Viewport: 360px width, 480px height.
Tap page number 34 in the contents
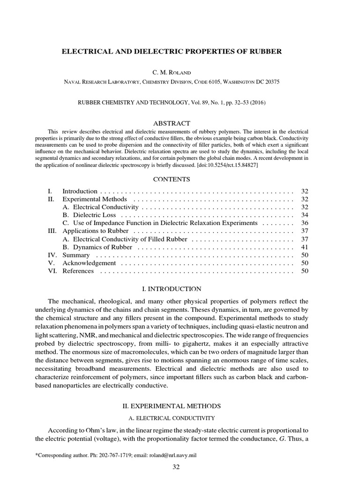coord(304,215)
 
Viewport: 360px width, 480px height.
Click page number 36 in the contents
coord(304,223)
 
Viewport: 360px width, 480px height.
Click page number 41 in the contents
coord(304,247)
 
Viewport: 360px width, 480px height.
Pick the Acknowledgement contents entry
coord(89,263)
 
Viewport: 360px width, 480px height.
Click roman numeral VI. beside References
coord(52,271)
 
